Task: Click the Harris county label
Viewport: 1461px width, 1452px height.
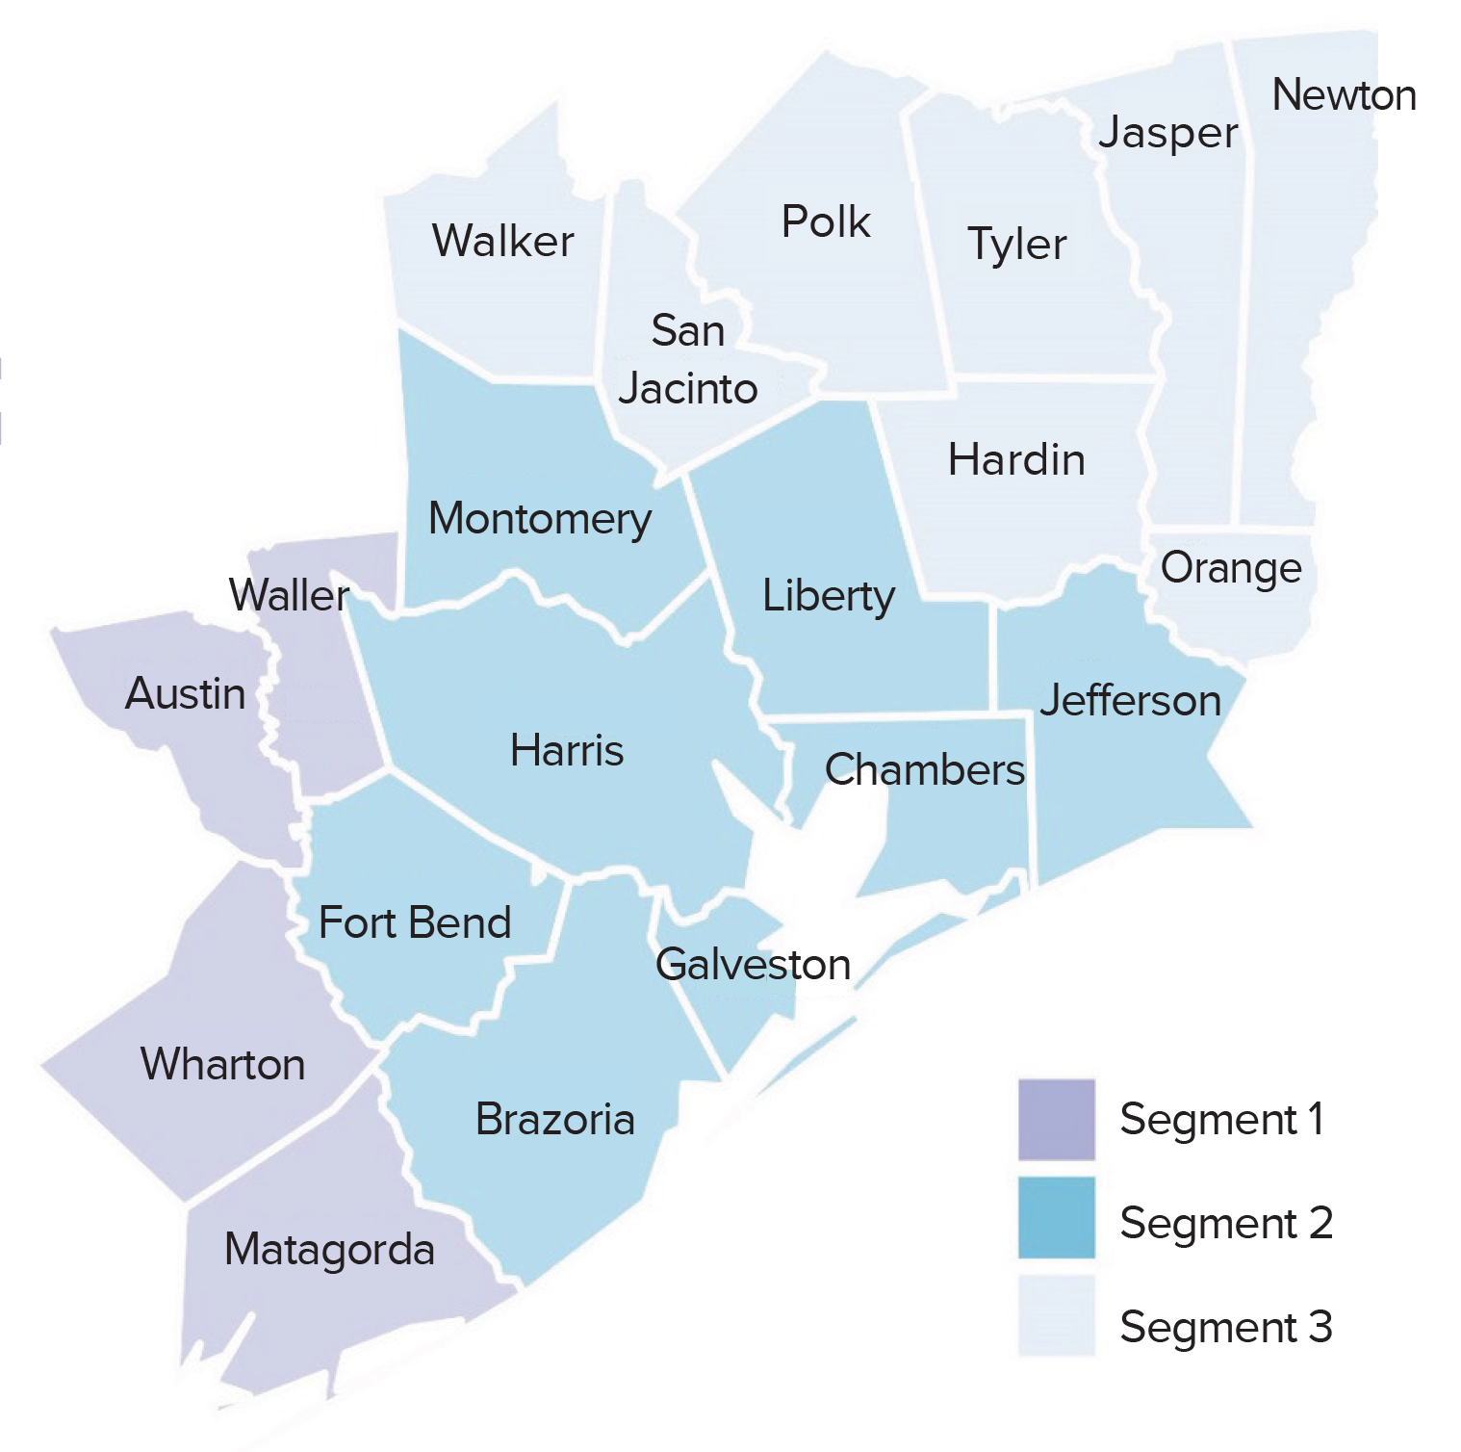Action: pyautogui.click(x=567, y=751)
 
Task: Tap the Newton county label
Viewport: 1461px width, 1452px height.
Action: pyautogui.click(x=1344, y=95)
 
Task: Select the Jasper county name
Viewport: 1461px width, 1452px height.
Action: pyautogui.click(x=1168, y=133)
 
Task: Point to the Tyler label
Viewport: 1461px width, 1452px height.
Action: pyautogui.click(x=1017, y=245)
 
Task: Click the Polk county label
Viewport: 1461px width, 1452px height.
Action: pyautogui.click(x=826, y=222)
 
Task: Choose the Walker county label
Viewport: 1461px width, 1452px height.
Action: pyautogui.click(x=502, y=241)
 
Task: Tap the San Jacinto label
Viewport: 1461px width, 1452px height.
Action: pyautogui.click(x=688, y=360)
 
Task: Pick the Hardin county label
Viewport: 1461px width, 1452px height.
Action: pyautogui.click(x=1016, y=460)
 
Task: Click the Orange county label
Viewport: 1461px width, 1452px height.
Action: pyautogui.click(x=1231, y=568)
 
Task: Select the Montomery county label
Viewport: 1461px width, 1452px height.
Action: pyautogui.click(x=540, y=520)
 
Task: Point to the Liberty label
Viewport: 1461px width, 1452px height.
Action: pyautogui.click(x=829, y=596)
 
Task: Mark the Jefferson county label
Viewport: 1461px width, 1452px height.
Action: pyautogui.click(x=1130, y=701)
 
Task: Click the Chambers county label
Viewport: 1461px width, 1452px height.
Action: pyautogui.click(x=925, y=770)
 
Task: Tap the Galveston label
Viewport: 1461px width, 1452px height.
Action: pyautogui.click(x=753, y=965)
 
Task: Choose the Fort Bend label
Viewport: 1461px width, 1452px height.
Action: pyautogui.click(x=415, y=923)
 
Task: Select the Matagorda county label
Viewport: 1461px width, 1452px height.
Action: pyautogui.click(x=329, y=1250)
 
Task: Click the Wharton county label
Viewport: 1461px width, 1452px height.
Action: pyautogui.click(x=223, y=1065)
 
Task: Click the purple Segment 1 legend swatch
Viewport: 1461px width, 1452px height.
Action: pyautogui.click(x=1057, y=1120)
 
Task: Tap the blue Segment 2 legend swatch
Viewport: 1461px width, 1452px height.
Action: pyautogui.click(x=1057, y=1218)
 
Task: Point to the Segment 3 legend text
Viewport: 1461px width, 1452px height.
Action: pyautogui.click(x=1226, y=1327)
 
